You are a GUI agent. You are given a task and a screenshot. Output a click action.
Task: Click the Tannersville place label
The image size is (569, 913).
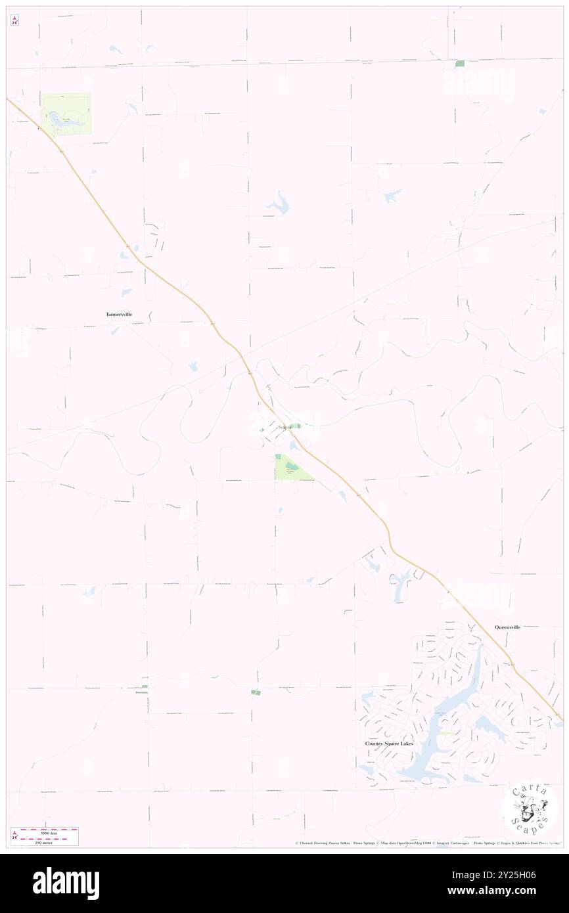click(119, 315)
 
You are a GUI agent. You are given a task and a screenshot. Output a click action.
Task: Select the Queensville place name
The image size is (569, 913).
click(507, 627)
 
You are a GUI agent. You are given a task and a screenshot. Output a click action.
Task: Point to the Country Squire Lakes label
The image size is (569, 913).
click(390, 744)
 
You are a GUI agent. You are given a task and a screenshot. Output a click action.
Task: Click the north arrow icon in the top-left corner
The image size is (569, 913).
click(14, 20)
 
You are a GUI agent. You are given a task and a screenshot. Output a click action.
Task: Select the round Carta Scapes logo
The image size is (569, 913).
click(530, 809)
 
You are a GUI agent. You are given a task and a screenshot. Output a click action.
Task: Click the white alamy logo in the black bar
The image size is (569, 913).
click(66, 883)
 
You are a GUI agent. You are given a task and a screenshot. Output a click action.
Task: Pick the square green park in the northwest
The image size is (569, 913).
click(66, 114)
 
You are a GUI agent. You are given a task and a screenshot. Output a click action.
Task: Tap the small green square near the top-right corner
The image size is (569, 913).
click(459, 64)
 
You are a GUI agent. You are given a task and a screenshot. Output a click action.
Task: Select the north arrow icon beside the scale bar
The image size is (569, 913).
click(14, 835)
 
